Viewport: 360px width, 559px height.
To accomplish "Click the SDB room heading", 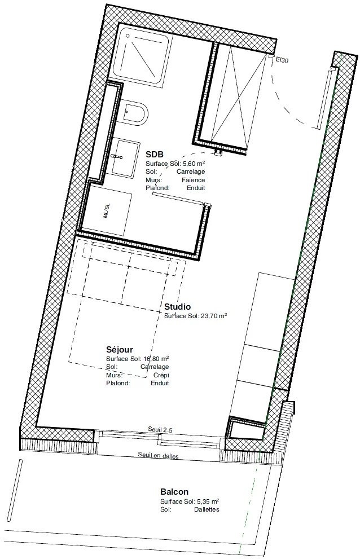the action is [155, 155].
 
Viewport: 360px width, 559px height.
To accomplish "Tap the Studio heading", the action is [177, 307].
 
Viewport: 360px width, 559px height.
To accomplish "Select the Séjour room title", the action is [120, 350].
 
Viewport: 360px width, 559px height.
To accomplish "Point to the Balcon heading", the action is [174, 492].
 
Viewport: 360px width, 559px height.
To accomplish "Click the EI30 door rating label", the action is [282, 60].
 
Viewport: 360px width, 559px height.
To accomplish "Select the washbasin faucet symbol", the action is [117, 156].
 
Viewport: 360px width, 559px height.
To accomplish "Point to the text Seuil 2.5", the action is [160, 430].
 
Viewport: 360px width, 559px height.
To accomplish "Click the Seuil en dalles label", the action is [159, 455].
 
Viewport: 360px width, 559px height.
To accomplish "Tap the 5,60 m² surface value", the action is [194, 164].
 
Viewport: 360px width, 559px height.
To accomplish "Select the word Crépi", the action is [161, 375].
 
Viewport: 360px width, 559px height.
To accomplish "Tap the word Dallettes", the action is [207, 509].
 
